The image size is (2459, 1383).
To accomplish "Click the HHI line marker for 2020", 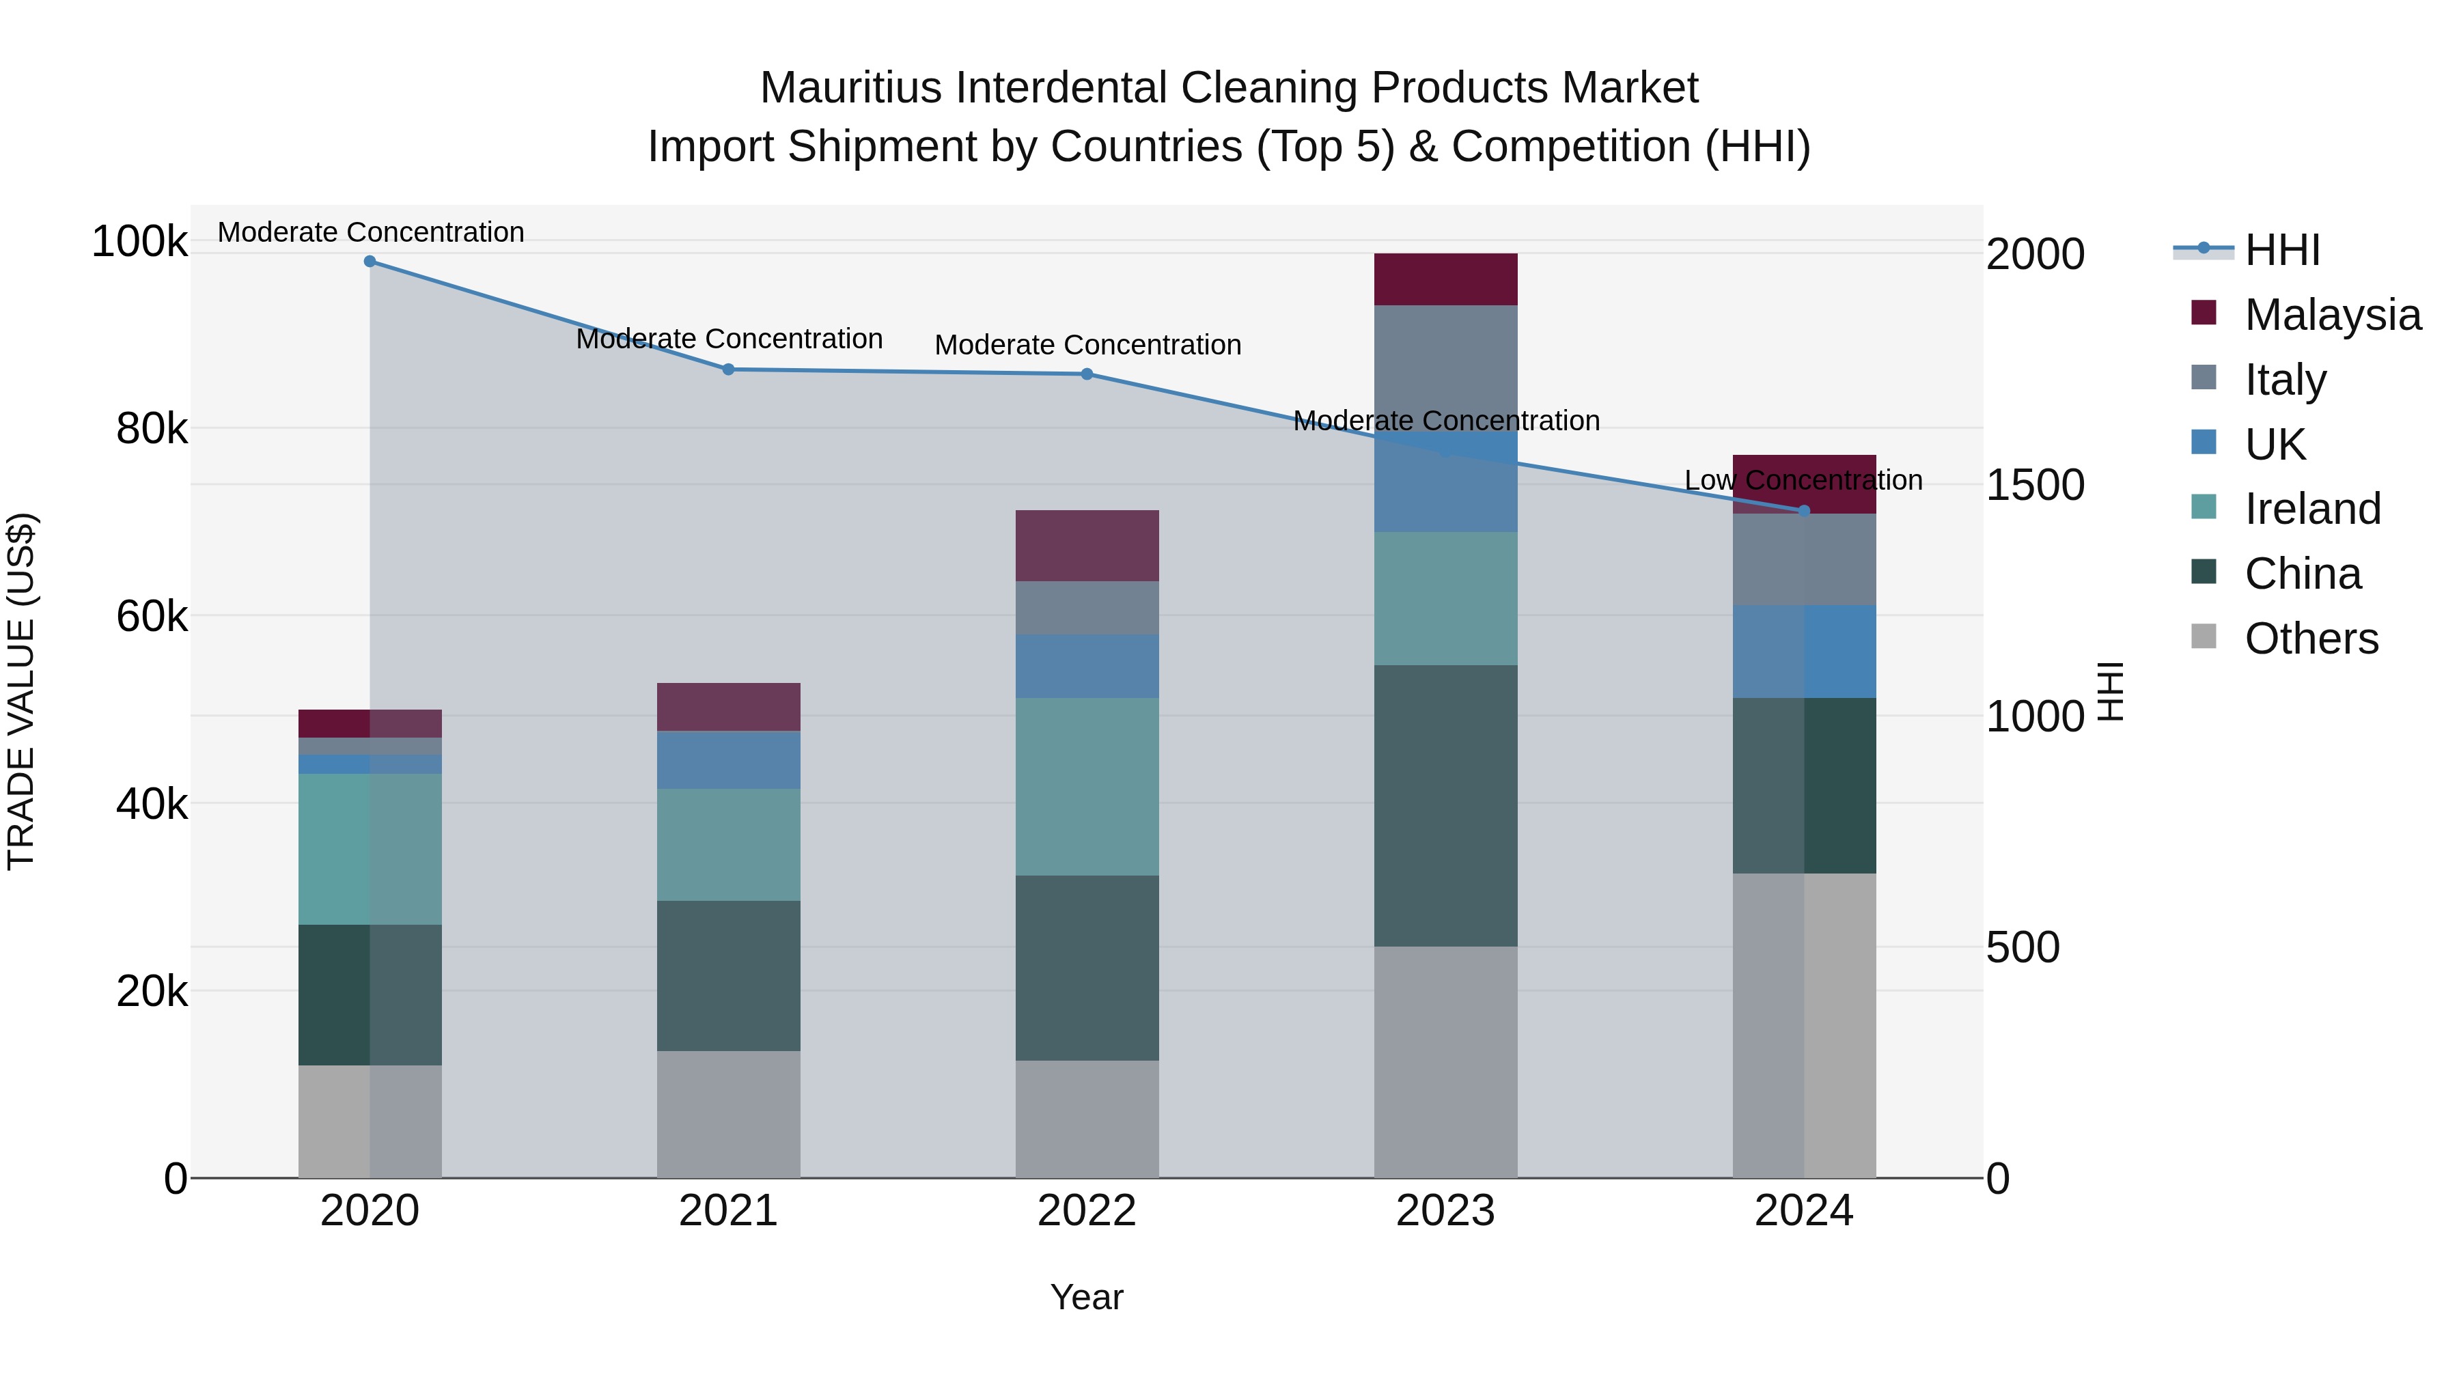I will coord(370,261).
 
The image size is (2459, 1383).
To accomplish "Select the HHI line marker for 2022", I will coord(1086,374).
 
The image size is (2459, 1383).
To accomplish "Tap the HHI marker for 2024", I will coord(1803,511).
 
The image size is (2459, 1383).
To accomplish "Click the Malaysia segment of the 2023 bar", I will coord(1445,279).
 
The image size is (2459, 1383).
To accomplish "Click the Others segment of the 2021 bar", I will coord(728,1114).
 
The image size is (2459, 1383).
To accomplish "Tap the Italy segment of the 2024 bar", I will coord(1803,559).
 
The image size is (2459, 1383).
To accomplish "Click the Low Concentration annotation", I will coord(1803,480).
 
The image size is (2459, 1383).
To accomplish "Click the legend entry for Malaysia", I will coord(2332,315).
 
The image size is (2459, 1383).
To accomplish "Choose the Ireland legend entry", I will coord(2312,509).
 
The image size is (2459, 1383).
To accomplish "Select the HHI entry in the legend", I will coord(2281,250).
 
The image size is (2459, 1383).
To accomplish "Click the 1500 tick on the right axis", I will coord(2034,485).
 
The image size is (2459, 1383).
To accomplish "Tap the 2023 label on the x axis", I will coord(1445,1211).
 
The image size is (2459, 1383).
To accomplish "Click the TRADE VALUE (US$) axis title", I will coord(21,691).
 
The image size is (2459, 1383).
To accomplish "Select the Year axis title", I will coord(1086,1297).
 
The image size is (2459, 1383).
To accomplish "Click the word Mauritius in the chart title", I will coord(850,88).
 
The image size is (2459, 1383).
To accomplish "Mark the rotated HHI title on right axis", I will coord(2111,691).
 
